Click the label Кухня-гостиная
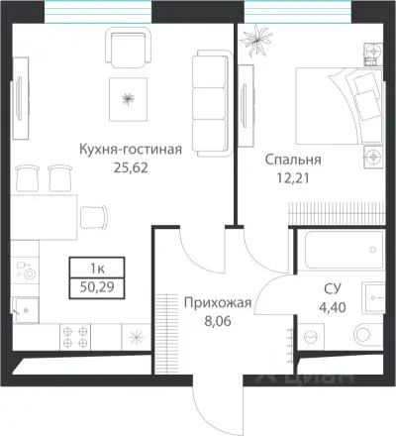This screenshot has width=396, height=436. click(131, 151)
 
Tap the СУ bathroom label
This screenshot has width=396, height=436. click(332, 288)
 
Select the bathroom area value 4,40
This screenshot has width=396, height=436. click(332, 306)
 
